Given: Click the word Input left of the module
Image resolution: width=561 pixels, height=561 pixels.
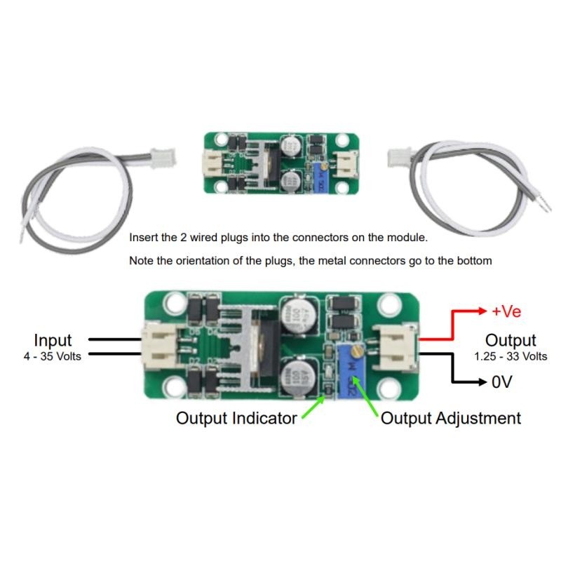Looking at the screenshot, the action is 53,341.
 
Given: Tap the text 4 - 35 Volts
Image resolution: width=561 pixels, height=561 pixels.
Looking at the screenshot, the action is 53,356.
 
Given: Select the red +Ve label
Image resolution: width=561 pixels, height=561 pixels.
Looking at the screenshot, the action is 506,311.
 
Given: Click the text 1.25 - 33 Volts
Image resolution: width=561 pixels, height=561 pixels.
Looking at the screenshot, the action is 511,356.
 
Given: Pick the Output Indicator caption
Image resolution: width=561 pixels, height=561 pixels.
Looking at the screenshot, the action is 236,419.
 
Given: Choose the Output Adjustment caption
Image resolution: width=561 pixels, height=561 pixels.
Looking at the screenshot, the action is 451,419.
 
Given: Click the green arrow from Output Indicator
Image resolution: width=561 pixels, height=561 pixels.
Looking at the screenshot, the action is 313,407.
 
